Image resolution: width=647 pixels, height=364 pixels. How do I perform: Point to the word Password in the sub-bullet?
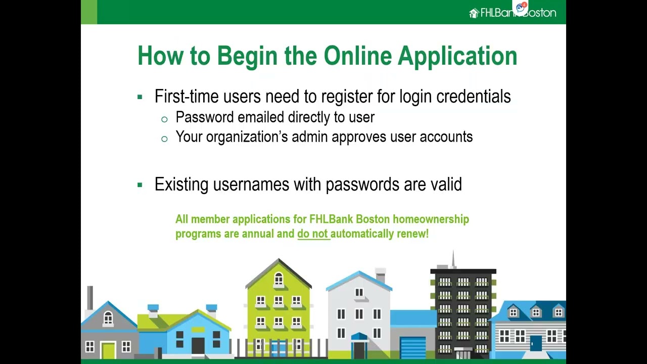pos(205,117)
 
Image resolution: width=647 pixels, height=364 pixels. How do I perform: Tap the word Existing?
pos(181,184)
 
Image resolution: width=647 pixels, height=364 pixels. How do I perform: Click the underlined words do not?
pos(313,234)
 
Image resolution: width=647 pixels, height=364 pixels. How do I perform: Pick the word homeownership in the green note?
pos(431,219)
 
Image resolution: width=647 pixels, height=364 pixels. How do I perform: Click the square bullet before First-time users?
pos(140,97)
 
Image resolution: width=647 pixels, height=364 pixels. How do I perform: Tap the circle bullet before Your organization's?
pos(164,139)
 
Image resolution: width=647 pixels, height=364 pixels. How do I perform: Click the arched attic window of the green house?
pos(279,279)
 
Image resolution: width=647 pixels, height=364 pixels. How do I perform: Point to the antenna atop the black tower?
pos(453,259)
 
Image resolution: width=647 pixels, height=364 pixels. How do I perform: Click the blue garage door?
pos(413,348)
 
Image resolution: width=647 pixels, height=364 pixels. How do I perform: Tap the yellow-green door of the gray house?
pos(108,350)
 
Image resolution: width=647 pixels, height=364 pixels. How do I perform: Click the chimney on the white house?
pos(381,275)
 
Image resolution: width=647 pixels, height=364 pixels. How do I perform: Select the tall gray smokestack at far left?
pos(90,298)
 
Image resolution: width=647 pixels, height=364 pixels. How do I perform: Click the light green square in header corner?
pos(89,12)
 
